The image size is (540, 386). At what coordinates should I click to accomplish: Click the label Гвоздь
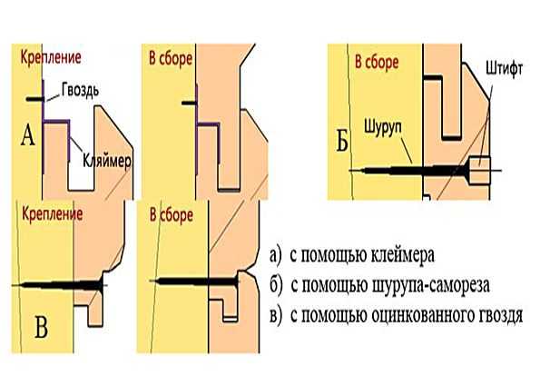point(80,90)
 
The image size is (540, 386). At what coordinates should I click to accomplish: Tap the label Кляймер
point(107,161)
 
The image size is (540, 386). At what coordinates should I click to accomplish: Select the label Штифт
point(505,69)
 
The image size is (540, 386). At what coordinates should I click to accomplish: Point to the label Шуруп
point(383,128)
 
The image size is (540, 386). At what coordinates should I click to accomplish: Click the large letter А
point(28,135)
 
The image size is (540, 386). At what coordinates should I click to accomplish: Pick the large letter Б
point(342,141)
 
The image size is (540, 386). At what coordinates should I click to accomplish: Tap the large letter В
point(41,327)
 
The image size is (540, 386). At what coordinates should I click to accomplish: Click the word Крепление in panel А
point(51,57)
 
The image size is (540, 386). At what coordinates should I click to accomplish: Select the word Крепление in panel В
point(53,214)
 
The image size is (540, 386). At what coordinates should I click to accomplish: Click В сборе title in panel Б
point(377,63)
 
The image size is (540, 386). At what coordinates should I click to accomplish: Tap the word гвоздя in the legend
point(501,315)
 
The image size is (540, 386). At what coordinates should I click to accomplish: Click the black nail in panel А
point(35,99)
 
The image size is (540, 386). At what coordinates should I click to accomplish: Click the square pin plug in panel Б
point(480,170)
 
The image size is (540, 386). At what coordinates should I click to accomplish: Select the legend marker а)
point(276,256)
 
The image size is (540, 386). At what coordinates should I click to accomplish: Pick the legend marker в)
point(276,316)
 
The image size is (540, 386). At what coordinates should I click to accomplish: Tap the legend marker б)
point(276,286)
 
